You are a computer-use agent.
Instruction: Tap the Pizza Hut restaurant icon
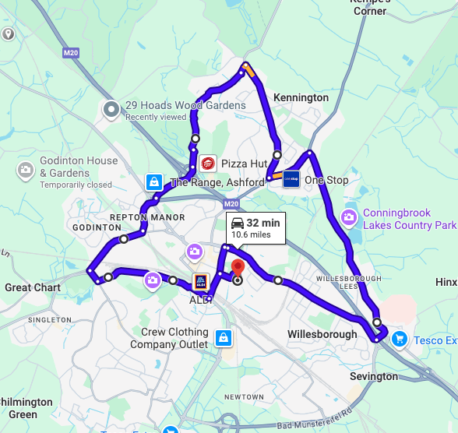click(x=207, y=164)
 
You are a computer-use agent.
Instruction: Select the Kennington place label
click(x=301, y=97)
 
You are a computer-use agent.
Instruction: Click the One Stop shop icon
click(x=291, y=180)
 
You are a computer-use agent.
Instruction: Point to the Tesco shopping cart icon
click(x=399, y=339)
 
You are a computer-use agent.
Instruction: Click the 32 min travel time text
click(x=263, y=224)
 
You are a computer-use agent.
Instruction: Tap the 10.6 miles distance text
click(x=251, y=234)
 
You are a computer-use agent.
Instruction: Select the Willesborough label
click(x=322, y=334)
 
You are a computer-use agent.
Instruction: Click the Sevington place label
click(x=374, y=376)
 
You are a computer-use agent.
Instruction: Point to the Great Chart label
click(x=33, y=287)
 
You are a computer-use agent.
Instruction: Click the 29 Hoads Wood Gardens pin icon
click(x=111, y=108)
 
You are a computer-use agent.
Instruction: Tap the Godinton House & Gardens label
click(x=79, y=167)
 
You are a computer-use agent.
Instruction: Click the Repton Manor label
click(x=147, y=217)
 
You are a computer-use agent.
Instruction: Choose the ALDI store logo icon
click(x=200, y=281)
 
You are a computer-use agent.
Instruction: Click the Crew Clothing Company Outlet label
click(x=174, y=338)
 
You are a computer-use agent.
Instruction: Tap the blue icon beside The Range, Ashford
click(x=154, y=183)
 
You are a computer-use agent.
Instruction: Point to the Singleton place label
click(x=49, y=319)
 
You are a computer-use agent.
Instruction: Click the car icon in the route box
click(x=237, y=224)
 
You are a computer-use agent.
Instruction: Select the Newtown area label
click(x=245, y=396)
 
